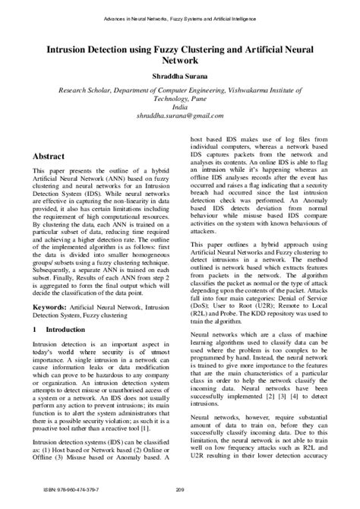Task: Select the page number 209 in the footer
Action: pos(180,488)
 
